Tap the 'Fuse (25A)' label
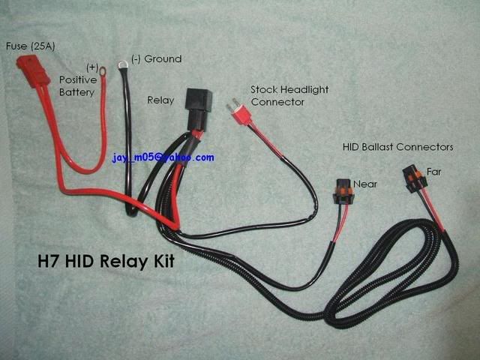click(31, 46)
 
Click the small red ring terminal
click(101, 73)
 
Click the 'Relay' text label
click(160, 98)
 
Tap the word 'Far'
click(433, 172)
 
